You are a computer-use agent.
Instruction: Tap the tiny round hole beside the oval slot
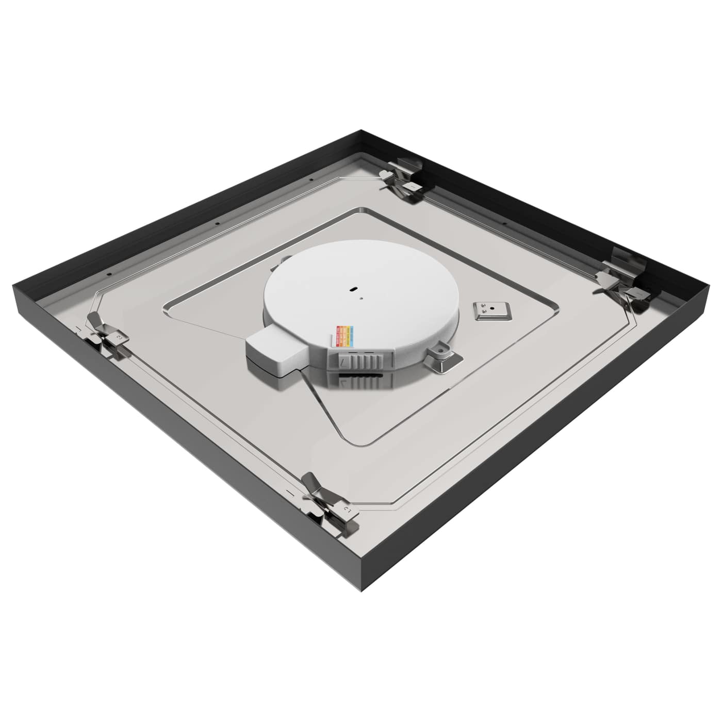pos(362,297)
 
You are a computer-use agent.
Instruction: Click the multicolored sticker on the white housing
pos(342,336)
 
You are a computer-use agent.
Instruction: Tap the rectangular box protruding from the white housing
pos(273,354)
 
